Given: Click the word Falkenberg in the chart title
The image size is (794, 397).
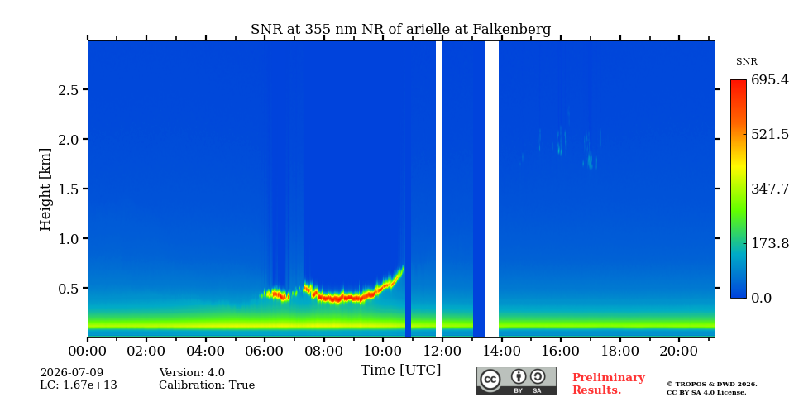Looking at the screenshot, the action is pyautogui.click(x=511, y=30).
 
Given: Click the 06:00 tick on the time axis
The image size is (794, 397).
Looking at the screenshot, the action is pyautogui.click(x=265, y=351).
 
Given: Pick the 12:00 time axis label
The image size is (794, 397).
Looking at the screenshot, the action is pyautogui.click(x=442, y=351).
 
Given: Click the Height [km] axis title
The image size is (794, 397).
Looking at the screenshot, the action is pyautogui.click(x=45, y=189).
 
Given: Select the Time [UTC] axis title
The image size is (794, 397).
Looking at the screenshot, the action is pyautogui.click(x=400, y=371).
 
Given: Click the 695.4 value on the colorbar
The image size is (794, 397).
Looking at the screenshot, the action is pyautogui.click(x=770, y=79).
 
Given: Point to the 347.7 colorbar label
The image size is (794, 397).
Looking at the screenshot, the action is pyautogui.click(x=770, y=189).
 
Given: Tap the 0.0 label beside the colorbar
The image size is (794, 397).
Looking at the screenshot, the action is pyautogui.click(x=762, y=298).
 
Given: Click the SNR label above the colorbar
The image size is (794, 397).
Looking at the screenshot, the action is pyautogui.click(x=746, y=62).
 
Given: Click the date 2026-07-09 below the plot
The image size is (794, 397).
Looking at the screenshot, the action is pyautogui.click(x=71, y=373).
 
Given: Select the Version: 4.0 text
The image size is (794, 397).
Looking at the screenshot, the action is pyautogui.click(x=192, y=373).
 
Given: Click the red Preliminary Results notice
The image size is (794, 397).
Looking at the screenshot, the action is pyautogui.click(x=609, y=384).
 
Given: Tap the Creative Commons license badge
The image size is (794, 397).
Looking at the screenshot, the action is pyautogui.click(x=516, y=380).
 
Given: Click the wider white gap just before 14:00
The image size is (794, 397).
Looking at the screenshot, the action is pyautogui.click(x=491, y=189).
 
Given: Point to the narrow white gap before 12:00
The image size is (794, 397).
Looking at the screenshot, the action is pyautogui.click(x=439, y=189).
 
